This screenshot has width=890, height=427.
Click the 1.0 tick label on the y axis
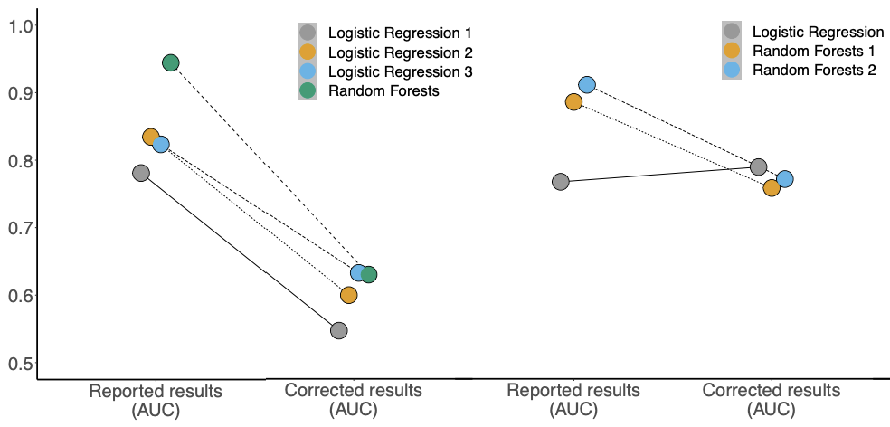[21, 25]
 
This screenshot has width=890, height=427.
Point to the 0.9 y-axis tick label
[21, 92]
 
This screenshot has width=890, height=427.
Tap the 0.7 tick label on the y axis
[21, 228]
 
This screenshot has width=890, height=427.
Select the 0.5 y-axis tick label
[21, 363]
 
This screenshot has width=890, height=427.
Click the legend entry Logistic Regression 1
[400, 33]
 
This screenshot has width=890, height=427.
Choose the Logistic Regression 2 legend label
[400, 52]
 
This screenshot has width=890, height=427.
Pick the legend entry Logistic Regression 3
[400, 71]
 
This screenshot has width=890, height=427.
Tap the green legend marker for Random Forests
[308, 90]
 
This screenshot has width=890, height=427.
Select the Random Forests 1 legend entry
[813, 51]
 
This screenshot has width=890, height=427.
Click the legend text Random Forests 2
[815, 71]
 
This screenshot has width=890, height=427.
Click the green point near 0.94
[171, 62]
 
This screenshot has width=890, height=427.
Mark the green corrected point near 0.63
[369, 275]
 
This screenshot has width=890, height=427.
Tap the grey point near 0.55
[339, 330]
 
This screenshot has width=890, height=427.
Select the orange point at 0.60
[348, 295]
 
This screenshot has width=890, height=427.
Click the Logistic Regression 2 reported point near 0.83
[151, 137]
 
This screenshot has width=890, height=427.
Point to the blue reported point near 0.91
[587, 85]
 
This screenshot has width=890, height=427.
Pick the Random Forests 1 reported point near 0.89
[573, 102]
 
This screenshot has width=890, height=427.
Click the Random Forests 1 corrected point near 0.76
[772, 188]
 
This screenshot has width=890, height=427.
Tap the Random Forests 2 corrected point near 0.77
[785, 179]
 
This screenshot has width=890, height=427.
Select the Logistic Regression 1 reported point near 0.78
[141, 173]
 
